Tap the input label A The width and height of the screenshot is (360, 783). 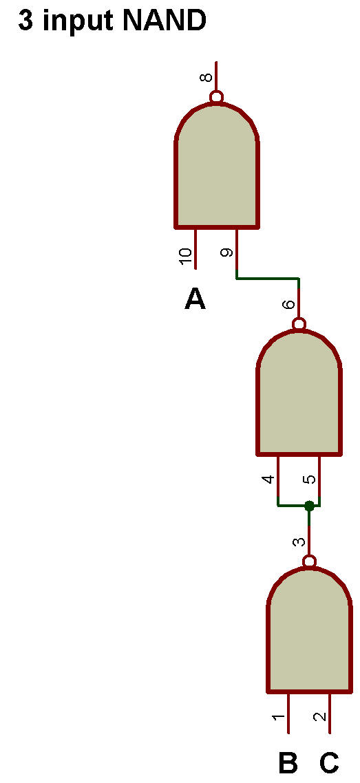(195, 299)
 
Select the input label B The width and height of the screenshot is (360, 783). (288, 763)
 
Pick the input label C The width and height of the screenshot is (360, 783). (329, 763)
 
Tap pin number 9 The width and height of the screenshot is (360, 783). (226, 253)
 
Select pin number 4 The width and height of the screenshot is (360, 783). (268, 480)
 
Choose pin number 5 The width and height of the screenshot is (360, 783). (310, 480)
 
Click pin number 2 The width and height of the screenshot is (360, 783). (319, 717)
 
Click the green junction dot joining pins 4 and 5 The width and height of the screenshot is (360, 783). (309, 506)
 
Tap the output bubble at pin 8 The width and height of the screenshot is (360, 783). (216, 96)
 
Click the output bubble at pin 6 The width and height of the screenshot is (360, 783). (299, 324)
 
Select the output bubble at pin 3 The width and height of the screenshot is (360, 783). (310, 561)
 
